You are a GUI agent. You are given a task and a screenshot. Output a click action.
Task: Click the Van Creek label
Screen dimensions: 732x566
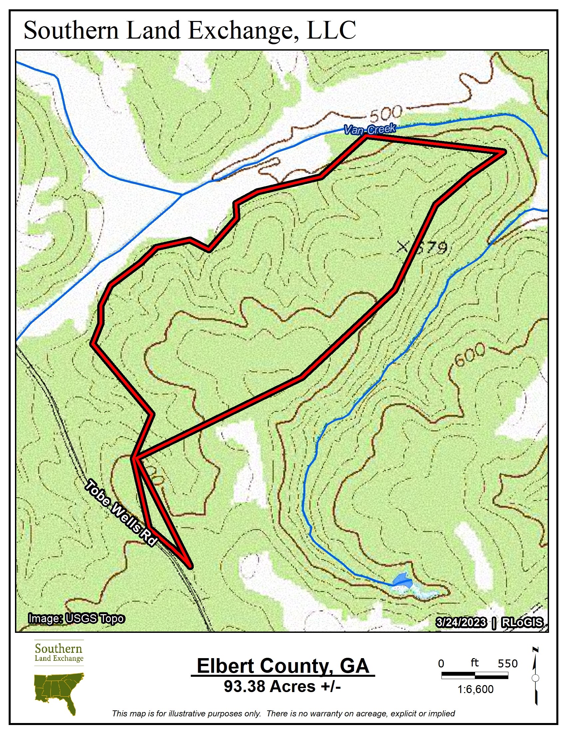point(370,129)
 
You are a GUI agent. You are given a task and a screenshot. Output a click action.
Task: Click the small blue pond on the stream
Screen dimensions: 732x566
point(403,580)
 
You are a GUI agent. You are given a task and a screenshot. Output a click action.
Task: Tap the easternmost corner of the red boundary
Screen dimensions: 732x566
point(503,152)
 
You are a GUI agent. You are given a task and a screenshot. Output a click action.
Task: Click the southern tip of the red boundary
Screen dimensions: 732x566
point(190,567)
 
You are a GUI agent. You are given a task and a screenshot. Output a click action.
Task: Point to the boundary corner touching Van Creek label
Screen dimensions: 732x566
point(366,136)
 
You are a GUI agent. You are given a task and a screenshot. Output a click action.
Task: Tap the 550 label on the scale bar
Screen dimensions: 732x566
point(507,663)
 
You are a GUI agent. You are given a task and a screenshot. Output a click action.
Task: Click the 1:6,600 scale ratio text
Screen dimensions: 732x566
point(475,689)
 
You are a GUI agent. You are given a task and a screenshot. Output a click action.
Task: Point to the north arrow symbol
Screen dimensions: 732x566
point(535,677)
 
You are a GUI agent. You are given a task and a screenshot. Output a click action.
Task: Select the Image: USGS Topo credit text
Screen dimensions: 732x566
point(77,619)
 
